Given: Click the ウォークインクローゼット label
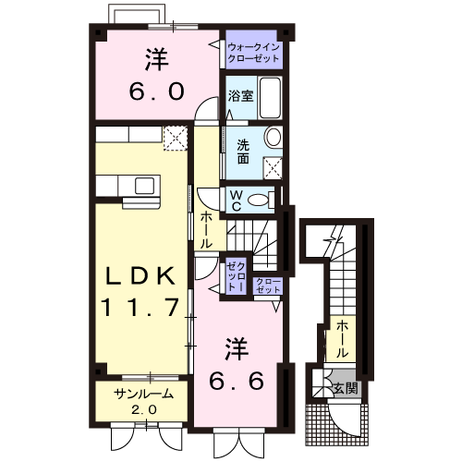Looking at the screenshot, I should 254,51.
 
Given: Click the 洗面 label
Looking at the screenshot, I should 241,151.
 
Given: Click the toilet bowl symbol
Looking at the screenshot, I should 263,200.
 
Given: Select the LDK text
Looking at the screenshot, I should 140,275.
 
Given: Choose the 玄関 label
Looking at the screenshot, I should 347,387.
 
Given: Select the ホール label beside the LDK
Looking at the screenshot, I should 205,229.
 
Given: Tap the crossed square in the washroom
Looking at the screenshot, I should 273,167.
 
